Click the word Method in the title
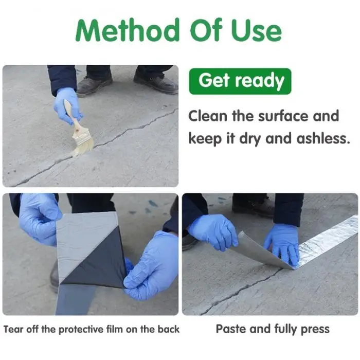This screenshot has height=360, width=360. [x=128, y=30]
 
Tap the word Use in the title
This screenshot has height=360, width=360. [x=257, y=30]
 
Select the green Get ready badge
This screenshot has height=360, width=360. [x=240, y=81]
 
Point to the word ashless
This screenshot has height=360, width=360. [x=323, y=138]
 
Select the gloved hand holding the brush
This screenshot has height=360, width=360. [x=67, y=105]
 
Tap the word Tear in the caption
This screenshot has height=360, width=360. [x=13, y=329]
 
